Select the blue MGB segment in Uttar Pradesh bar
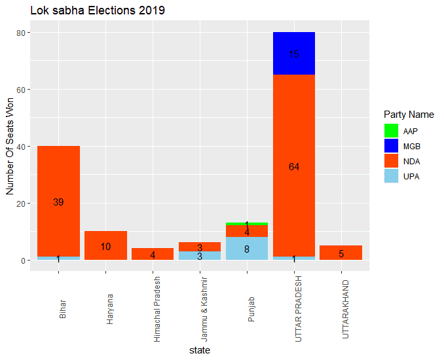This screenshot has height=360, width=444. pyautogui.click(x=294, y=54)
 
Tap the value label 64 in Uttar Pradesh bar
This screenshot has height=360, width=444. pyautogui.click(x=294, y=167)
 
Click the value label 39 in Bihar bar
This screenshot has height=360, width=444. pyautogui.click(x=58, y=202)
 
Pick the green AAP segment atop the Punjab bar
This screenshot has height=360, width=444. pyautogui.click(x=247, y=224)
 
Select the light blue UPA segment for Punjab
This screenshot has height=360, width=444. pyautogui.click(x=247, y=249)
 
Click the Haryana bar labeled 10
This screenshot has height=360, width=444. pyautogui.click(x=105, y=246)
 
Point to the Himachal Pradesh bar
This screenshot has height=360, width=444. pyautogui.click(x=153, y=255)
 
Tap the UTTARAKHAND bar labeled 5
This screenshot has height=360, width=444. pyautogui.click(x=341, y=253)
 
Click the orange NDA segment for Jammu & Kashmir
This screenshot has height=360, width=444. pyautogui.click(x=200, y=247)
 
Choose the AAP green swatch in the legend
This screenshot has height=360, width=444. pyautogui.click(x=392, y=132)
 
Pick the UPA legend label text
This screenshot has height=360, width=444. pyautogui.click(x=411, y=177)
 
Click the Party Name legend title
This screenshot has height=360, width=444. pyautogui.click(x=409, y=115)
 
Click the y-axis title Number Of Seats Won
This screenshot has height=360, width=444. pyautogui.click(x=10, y=147)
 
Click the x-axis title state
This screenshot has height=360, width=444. pyautogui.click(x=199, y=351)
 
